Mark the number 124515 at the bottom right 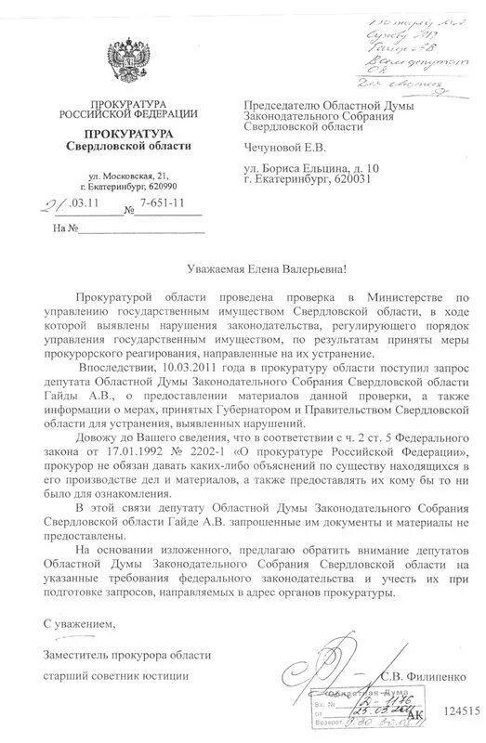(x=458, y=710)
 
